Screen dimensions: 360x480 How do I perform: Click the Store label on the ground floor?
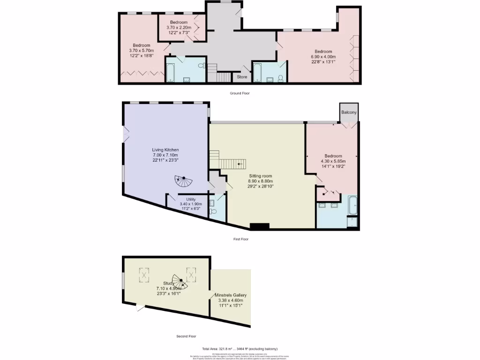pyautogui.click(x=242, y=77)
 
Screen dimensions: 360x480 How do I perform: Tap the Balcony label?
pyautogui.click(x=349, y=112)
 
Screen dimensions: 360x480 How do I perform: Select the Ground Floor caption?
pyautogui.click(x=240, y=93)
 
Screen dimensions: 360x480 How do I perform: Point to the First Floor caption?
pyautogui.click(x=240, y=239)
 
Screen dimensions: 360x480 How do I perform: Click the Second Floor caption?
pyautogui.click(x=186, y=336)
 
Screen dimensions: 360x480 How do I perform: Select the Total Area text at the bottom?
pyautogui.click(x=240, y=349)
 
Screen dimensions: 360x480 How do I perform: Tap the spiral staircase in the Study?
pyautogui.click(x=179, y=281)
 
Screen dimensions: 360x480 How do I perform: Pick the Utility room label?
pyautogui.click(x=191, y=199)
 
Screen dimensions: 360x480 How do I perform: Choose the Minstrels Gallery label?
pyautogui.click(x=231, y=295)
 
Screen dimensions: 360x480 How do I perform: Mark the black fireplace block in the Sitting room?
pyautogui.click(x=260, y=227)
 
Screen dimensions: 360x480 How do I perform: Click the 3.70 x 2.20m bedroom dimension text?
pyautogui.click(x=179, y=28)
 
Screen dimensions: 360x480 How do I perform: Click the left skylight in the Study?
pyautogui.click(x=143, y=275)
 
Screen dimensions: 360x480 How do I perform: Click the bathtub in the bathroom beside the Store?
pyautogui.click(x=258, y=73)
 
